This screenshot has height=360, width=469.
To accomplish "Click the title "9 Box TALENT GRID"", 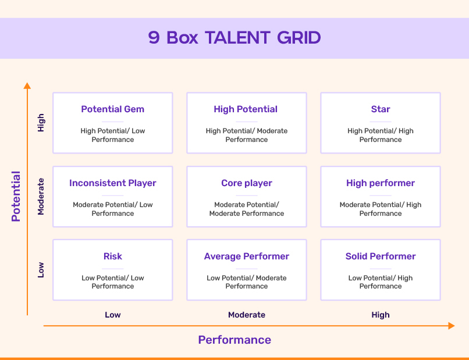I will pos(234,38).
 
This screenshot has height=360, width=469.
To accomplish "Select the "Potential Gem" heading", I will pos(113,109).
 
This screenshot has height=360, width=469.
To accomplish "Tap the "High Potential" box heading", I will pos(246,109).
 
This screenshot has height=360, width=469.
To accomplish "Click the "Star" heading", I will pos(381,109).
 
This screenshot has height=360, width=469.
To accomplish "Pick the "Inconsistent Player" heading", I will pos(113,183).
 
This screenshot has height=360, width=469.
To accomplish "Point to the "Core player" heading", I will pos(247,183).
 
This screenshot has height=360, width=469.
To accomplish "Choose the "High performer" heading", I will pos(381,183).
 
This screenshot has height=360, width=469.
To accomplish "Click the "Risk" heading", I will pos(113,256).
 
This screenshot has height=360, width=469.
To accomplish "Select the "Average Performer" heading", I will pos(247,256).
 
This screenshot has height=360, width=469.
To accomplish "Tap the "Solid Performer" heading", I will pos(381,256).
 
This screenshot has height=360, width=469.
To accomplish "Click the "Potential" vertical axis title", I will pos(16,197).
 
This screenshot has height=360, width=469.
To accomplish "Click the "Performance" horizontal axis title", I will pos(234,340).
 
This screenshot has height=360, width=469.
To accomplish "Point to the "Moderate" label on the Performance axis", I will pos(247,315).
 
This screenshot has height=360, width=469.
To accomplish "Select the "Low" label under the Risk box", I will pos(113,315).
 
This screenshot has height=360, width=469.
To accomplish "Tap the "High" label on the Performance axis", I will pos(381,315).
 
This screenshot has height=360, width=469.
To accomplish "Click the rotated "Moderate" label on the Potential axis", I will pos(41,197).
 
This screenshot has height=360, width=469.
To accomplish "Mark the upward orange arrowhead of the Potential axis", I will pos(27,85).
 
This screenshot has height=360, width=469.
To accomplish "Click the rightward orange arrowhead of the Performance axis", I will pos(452,326).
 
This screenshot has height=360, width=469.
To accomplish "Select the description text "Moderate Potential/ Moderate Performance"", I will pos(247,209).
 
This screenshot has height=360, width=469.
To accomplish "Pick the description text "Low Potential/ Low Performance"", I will pos(113,282).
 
